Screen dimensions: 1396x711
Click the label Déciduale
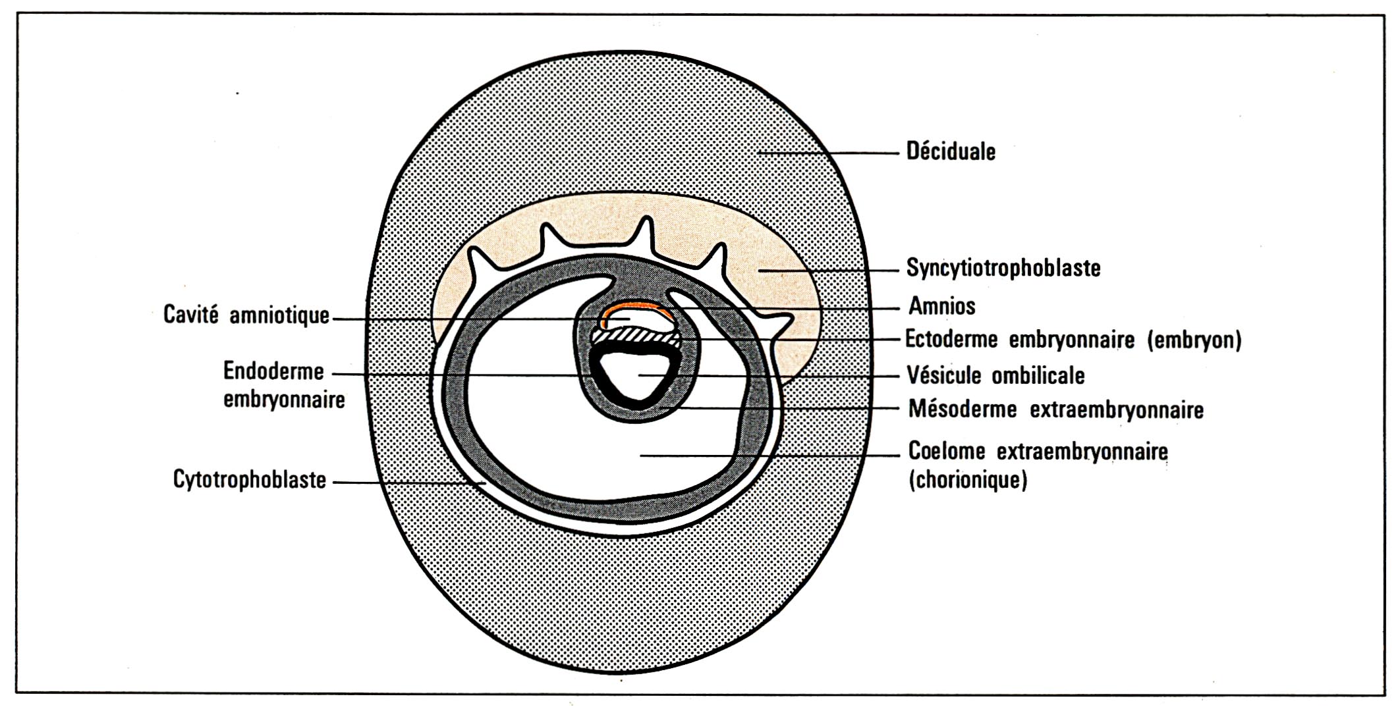tap(951, 151)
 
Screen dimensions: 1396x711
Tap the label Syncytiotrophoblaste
tap(1003, 268)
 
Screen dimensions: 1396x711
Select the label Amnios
tap(942, 305)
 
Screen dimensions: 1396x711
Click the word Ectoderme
tap(951, 339)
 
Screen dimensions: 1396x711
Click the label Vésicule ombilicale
tap(995, 375)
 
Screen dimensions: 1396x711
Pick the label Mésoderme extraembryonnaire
tap(1056, 409)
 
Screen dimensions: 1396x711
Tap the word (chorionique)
tap(968, 480)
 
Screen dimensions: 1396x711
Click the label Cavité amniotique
tap(246, 315)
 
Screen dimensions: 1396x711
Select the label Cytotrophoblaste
tap(250, 479)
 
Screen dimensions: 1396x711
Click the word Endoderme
tap(273, 371)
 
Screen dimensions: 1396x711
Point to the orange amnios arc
tap(636, 310)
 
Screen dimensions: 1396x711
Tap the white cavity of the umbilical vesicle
tap(636, 375)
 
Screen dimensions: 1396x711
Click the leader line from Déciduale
tap(828, 153)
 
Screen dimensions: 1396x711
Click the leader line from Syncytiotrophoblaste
tap(828, 270)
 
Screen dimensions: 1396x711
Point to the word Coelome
tap(947, 452)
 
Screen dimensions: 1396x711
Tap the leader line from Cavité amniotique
tap(482, 319)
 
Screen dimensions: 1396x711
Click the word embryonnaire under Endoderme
tap(284, 400)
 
